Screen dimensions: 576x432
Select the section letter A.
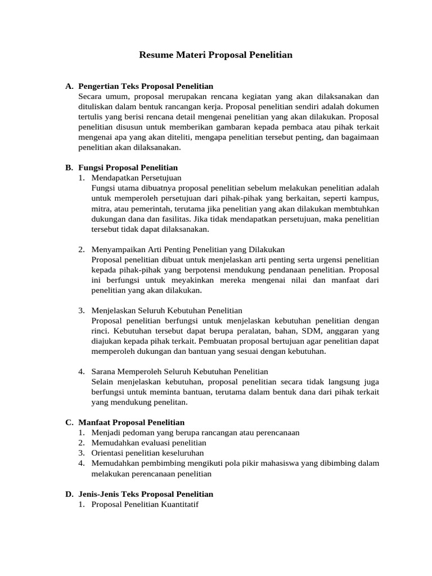point(69,87)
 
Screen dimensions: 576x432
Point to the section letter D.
point(69,494)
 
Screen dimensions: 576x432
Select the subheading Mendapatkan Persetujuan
point(137,178)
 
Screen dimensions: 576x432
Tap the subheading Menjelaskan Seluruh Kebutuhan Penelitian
point(166,310)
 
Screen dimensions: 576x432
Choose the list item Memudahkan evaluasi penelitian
point(148,443)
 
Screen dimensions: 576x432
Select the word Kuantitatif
point(181,505)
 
